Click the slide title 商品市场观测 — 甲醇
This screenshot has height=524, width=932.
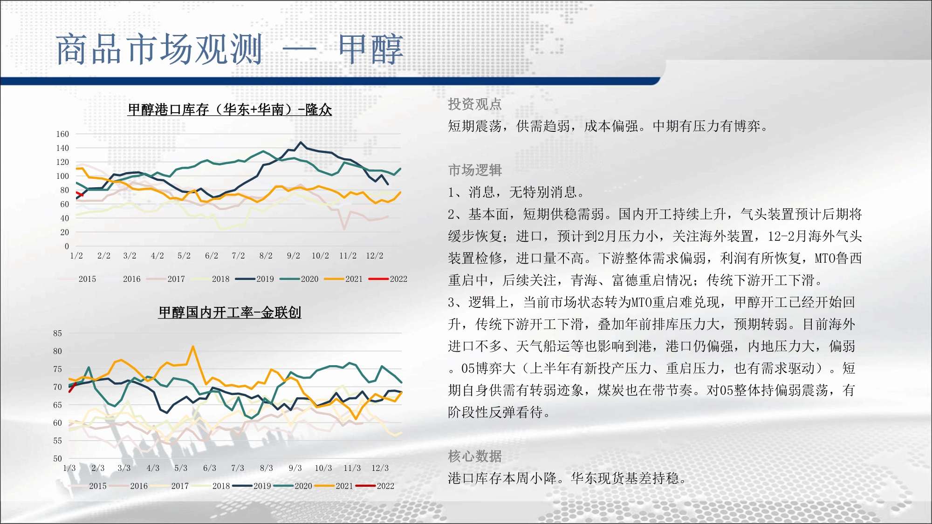(x=229, y=49)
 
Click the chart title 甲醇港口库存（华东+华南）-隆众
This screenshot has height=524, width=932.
(x=230, y=110)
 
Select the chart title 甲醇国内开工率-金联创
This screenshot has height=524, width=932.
(x=230, y=312)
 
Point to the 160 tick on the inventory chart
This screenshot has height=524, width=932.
(x=62, y=134)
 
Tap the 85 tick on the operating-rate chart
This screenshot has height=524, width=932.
(x=57, y=333)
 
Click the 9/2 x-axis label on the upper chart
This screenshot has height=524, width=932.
(x=294, y=256)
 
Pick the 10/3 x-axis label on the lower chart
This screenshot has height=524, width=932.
(x=323, y=468)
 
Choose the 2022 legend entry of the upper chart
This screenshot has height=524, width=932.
(x=388, y=279)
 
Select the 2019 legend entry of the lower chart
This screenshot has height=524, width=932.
(x=252, y=486)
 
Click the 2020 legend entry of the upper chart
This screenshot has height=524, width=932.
(x=299, y=279)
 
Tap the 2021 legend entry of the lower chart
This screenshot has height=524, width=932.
(x=334, y=486)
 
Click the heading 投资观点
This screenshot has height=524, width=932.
(x=475, y=104)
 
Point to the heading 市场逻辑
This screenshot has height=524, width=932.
(x=475, y=170)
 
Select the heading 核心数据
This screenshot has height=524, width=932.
(x=475, y=456)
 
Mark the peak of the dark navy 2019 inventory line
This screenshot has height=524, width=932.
(x=301, y=143)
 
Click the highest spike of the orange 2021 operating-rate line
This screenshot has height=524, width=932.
(x=193, y=347)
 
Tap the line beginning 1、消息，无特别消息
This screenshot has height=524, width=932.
(x=516, y=192)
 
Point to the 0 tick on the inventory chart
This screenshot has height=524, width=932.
(x=67, y=246)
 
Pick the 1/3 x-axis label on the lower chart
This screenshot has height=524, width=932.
(x=69, y=468)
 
